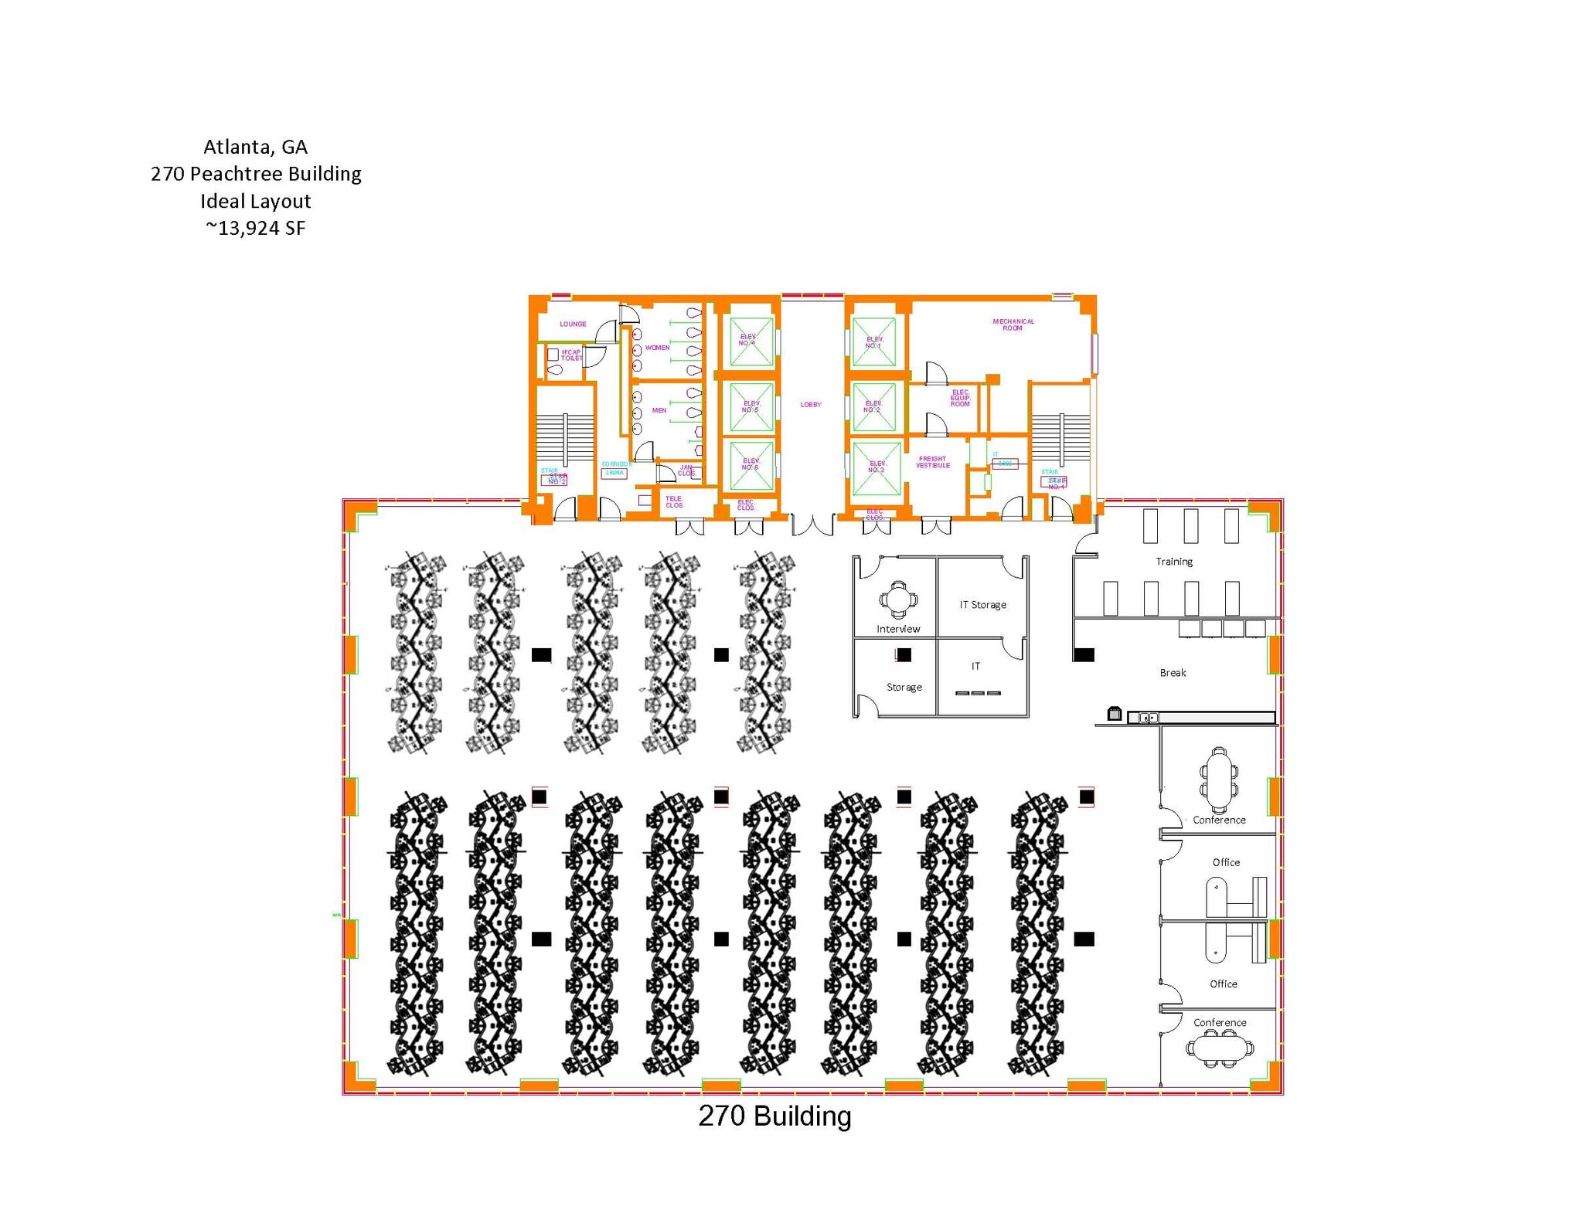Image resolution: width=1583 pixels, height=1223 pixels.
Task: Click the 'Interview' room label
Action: [897, 629]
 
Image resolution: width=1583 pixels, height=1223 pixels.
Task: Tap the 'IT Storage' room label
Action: [982, 605]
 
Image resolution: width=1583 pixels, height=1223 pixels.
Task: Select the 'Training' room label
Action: [1173, 562]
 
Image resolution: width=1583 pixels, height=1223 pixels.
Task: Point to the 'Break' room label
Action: [1173, 673]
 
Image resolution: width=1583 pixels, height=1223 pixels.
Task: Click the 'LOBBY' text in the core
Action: [810, 405]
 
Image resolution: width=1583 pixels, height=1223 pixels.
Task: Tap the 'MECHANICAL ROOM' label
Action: [1013, 324]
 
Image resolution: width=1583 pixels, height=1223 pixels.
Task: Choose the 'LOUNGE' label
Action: [573, 324]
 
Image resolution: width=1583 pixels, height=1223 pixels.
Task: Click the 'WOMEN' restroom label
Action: [657, 348]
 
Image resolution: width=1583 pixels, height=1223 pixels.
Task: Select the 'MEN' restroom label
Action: [659, 410]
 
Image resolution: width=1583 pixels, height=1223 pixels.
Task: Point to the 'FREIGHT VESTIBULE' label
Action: [932, 462]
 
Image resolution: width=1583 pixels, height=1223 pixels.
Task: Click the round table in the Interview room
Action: [897, 599]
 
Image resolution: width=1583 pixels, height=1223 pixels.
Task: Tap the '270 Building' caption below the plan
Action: [774, 1116]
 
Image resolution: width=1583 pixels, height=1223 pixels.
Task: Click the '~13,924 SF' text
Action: [255, 228]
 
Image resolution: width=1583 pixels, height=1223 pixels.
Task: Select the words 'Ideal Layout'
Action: [255, 201]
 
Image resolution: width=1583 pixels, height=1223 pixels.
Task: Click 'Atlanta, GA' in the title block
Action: [255, 147]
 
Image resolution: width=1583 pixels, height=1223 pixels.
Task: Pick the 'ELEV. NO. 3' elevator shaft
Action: [876, 467]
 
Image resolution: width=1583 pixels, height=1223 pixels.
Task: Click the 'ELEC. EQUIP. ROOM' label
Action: [960, 398]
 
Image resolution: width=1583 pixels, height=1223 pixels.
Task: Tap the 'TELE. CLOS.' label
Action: [674, 502]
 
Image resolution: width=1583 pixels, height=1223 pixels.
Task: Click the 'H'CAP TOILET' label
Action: [571, 355]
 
